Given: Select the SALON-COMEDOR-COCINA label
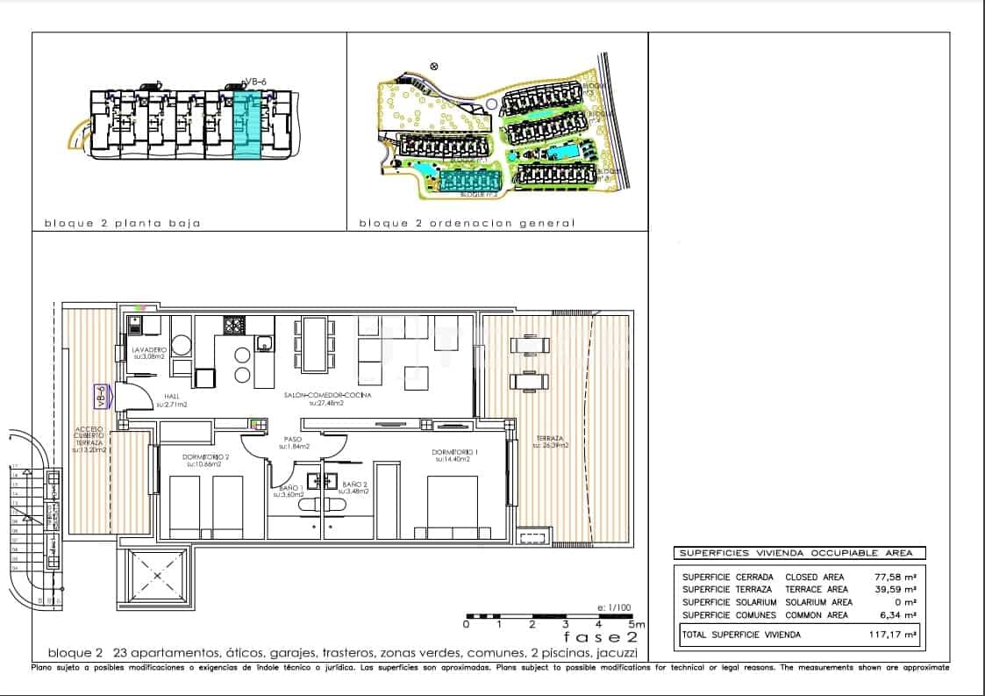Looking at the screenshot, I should coord(327,396).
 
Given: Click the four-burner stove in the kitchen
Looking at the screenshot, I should coord(234,326).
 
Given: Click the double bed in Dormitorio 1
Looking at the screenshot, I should coord(452,506).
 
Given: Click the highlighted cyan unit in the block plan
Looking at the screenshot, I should coord(248,127).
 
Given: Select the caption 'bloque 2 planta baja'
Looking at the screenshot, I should coord(123,223).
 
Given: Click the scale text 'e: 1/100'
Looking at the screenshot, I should coord(613,607).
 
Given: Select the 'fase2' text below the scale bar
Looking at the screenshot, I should coord(600,637).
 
